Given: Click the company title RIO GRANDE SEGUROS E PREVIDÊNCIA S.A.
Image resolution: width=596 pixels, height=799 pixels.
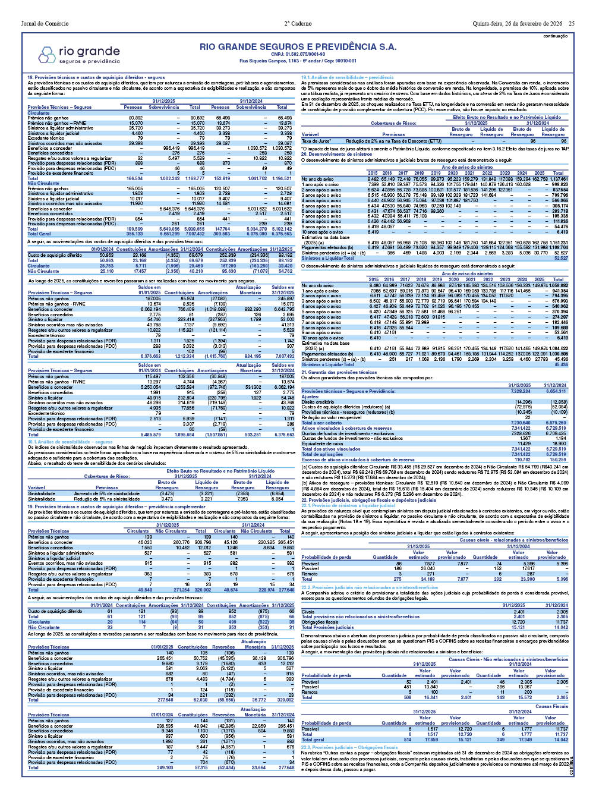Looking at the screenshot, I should (x=298, y=46).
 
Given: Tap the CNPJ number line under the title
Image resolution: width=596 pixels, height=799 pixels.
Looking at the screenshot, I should (x=298, y=54).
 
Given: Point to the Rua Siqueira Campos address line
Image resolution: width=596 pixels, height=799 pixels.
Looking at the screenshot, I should (x=298, y=61).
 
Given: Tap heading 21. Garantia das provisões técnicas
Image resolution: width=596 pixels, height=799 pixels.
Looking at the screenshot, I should (x=339, y=372).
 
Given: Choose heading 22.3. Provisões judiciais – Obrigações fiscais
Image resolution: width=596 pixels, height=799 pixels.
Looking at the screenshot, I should (x=349, y=747).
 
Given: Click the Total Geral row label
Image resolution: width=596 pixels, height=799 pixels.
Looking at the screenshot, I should (x=40, y=234).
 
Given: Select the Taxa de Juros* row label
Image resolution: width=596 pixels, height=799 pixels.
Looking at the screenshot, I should (x=316, y=141).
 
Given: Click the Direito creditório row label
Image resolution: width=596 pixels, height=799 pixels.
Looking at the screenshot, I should (x=317, y=402).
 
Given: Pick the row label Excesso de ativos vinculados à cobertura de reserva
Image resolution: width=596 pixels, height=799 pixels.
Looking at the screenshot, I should (x=358, y=460).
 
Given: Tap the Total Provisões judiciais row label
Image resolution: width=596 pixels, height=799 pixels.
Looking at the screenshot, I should (x=327, y=627).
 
